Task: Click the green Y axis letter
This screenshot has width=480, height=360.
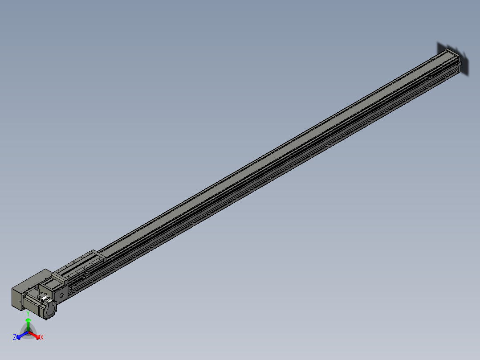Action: tap(28, 313)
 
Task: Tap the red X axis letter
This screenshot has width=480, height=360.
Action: tap(42, 338)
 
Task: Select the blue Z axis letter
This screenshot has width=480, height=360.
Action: tap(15, 337)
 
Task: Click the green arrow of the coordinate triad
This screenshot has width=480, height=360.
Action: tap(28, 322)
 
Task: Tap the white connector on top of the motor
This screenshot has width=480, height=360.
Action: tap(43, 297)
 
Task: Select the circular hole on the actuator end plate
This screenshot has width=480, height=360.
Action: tap(62, 294)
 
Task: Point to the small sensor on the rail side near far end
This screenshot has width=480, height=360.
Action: tap(431, 77)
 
